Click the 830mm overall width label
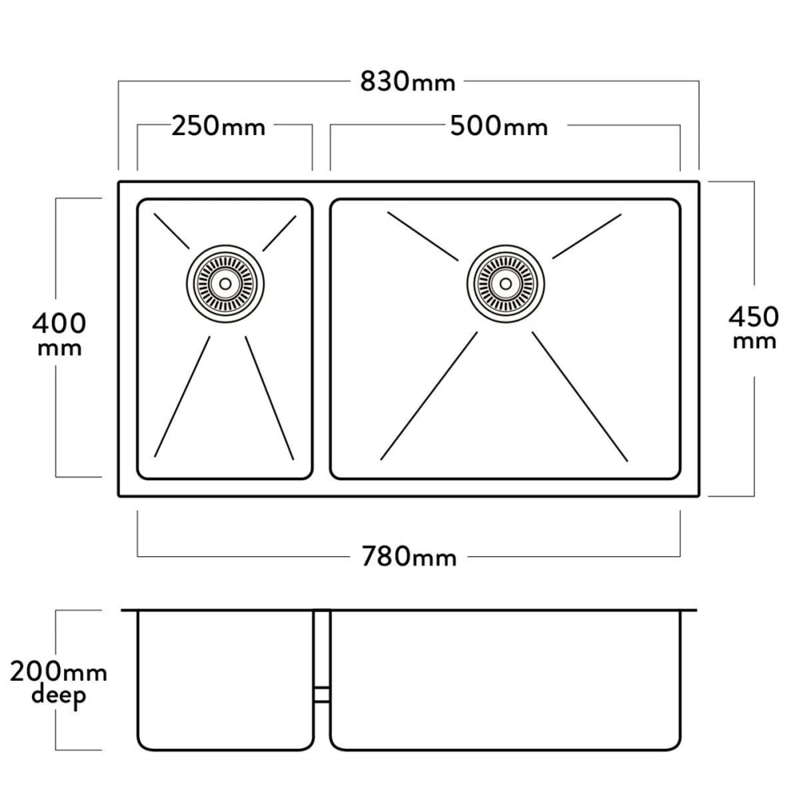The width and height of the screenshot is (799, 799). pyautogui.click(x=407, y=81)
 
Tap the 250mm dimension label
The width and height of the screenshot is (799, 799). pyautogui.click(x=218, y=126)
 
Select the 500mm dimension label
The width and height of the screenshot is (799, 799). pyautogui.click(x=499, y=126)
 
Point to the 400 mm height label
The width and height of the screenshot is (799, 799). pyautogui.click(x=59, y=334)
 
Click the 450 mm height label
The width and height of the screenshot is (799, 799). pyautogui.click(x=753, y=328)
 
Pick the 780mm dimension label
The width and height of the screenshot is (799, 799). pyautogui.click(x=408, y=556)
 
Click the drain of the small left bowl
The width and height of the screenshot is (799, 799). pyautogui.click(x=225, y=284)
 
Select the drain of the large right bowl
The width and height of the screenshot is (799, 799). pyautogui.click(x=506, y=284)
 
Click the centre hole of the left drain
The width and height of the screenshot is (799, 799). pyautogui.click(x=225, y=284)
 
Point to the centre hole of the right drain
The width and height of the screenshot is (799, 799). pyautogui.click(x=506, y=284)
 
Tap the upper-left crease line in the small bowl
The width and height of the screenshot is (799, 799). pyautogui.click(x=172, y=232)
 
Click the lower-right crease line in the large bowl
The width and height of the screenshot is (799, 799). pyautogui.click(x=580, y=397)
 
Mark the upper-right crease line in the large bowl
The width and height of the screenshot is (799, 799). pyautogui.click(x=587, y=237)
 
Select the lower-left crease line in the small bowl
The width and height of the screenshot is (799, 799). pyautogui.click(x=182, y=396)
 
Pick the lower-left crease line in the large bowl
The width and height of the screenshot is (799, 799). pyautogui.click(x=429, y=396)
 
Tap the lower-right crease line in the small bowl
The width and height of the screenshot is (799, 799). pyautogui.click(x=269, y=398)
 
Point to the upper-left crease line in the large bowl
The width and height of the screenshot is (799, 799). pyautogui.click(x=423, y=237)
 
